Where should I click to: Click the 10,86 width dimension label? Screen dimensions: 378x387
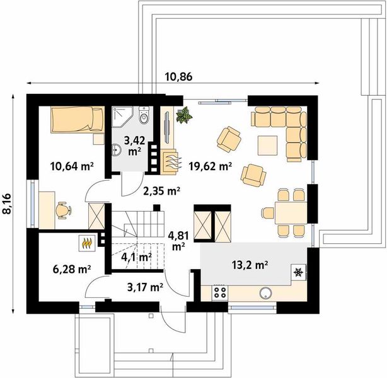click(178, 77)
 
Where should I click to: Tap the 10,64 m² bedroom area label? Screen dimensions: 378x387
click(71, 166)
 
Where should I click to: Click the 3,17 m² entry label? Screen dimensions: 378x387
click(145, 287)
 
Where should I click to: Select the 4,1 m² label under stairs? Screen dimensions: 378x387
click(136, 256)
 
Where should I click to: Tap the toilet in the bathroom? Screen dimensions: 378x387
click(145, 117)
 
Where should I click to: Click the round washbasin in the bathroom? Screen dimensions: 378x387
click(117, 150)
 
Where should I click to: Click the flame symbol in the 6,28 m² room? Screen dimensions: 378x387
click(87, 241)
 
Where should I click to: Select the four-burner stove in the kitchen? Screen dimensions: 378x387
click(220, 292)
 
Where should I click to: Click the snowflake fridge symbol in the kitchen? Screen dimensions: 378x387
click(297, 272)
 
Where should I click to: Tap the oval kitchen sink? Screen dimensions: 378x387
click(266, 293)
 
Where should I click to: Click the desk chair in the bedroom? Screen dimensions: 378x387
click(62, 209)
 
